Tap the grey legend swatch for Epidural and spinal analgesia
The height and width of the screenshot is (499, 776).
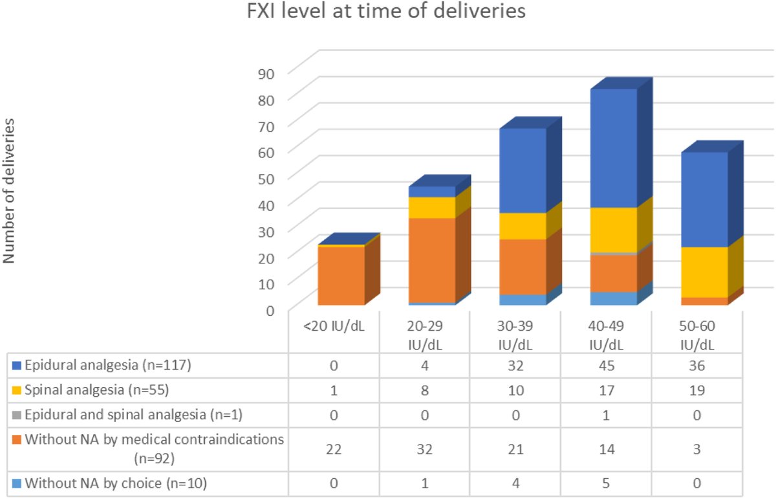pyautogui.click(x=16, y=414)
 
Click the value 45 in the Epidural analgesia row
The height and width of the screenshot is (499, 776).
pyautogui.click(x=609, y=365)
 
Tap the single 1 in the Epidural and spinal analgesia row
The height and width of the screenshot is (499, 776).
pyautogui.click(x=609, y=414)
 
